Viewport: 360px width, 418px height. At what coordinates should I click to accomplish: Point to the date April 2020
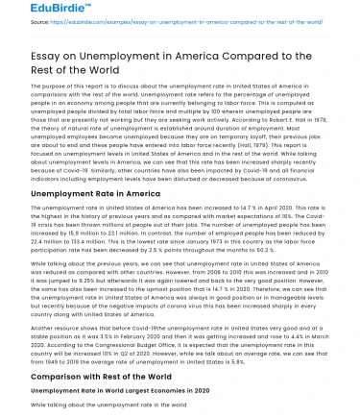[249, 206]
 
